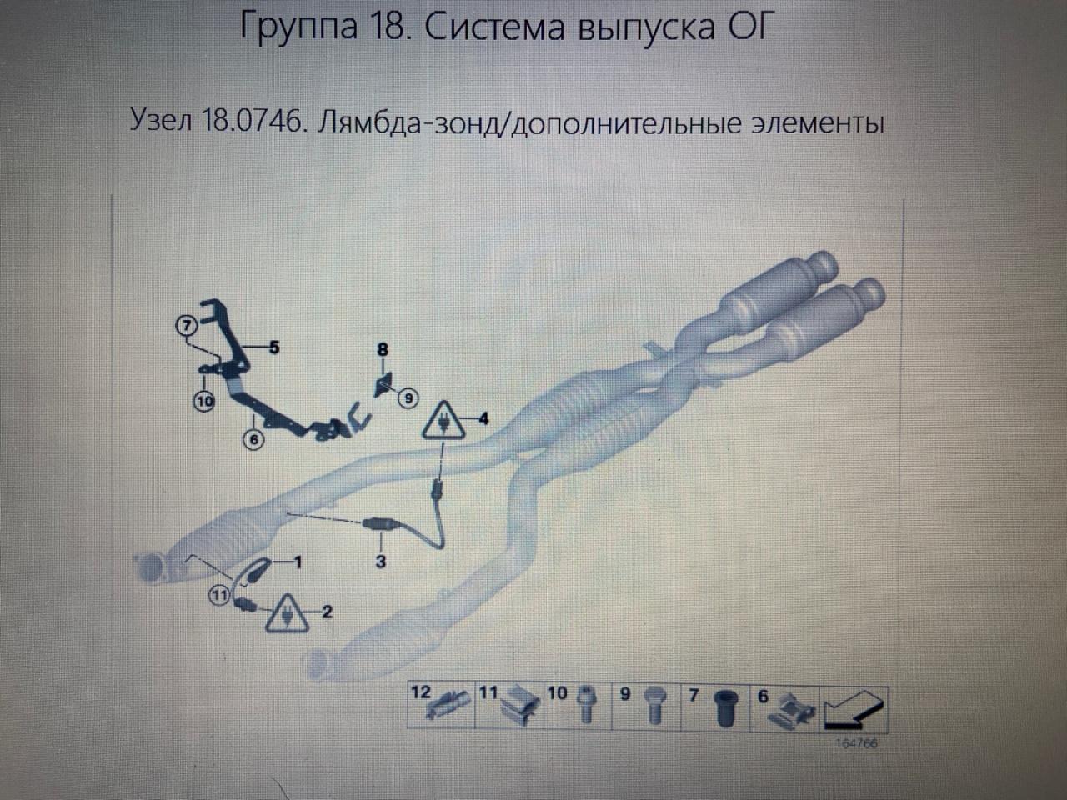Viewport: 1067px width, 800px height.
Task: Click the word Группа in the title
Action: pyautogui.click(x=299, y=27)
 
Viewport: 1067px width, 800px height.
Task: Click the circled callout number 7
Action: pyautogui.click(x=187, y=325)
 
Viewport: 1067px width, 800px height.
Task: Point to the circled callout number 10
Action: pyautogui.click(x=205, y=401)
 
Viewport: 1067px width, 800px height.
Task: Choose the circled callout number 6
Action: pyautogui.click(x=253, y=439)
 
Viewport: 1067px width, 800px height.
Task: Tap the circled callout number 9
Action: pyautogui.click(x=408, y=398)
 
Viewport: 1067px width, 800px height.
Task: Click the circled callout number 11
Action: pyautogui.click(x=219, y=595)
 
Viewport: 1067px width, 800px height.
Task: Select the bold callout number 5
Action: pyautogui.click(x=274, y=347)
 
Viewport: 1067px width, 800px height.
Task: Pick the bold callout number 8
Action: pyautogui.click(x=383, y=349)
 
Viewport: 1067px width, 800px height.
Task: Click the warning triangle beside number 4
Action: pyautogui.click(x=443, y=422)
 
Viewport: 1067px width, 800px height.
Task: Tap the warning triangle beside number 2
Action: pyautogui.click(x=287, y=613)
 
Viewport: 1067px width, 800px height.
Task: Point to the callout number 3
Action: pyautogui.click(x=381, y=562)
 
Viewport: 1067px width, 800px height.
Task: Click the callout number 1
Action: pyautogui.click(x=298, y=562)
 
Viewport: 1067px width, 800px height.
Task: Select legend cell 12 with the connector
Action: pyautogui.click(x=441, y=707)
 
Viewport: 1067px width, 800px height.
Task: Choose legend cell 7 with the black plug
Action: pyautogui.click(x=715, y=707)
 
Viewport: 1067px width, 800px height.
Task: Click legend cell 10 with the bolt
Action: pyautogui.click(x=578, y=707)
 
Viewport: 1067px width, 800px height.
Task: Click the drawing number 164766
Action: pyautogui.click(x=856, y=743)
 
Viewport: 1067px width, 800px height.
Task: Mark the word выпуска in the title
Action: pyautogui.click(x=646, y=28)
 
